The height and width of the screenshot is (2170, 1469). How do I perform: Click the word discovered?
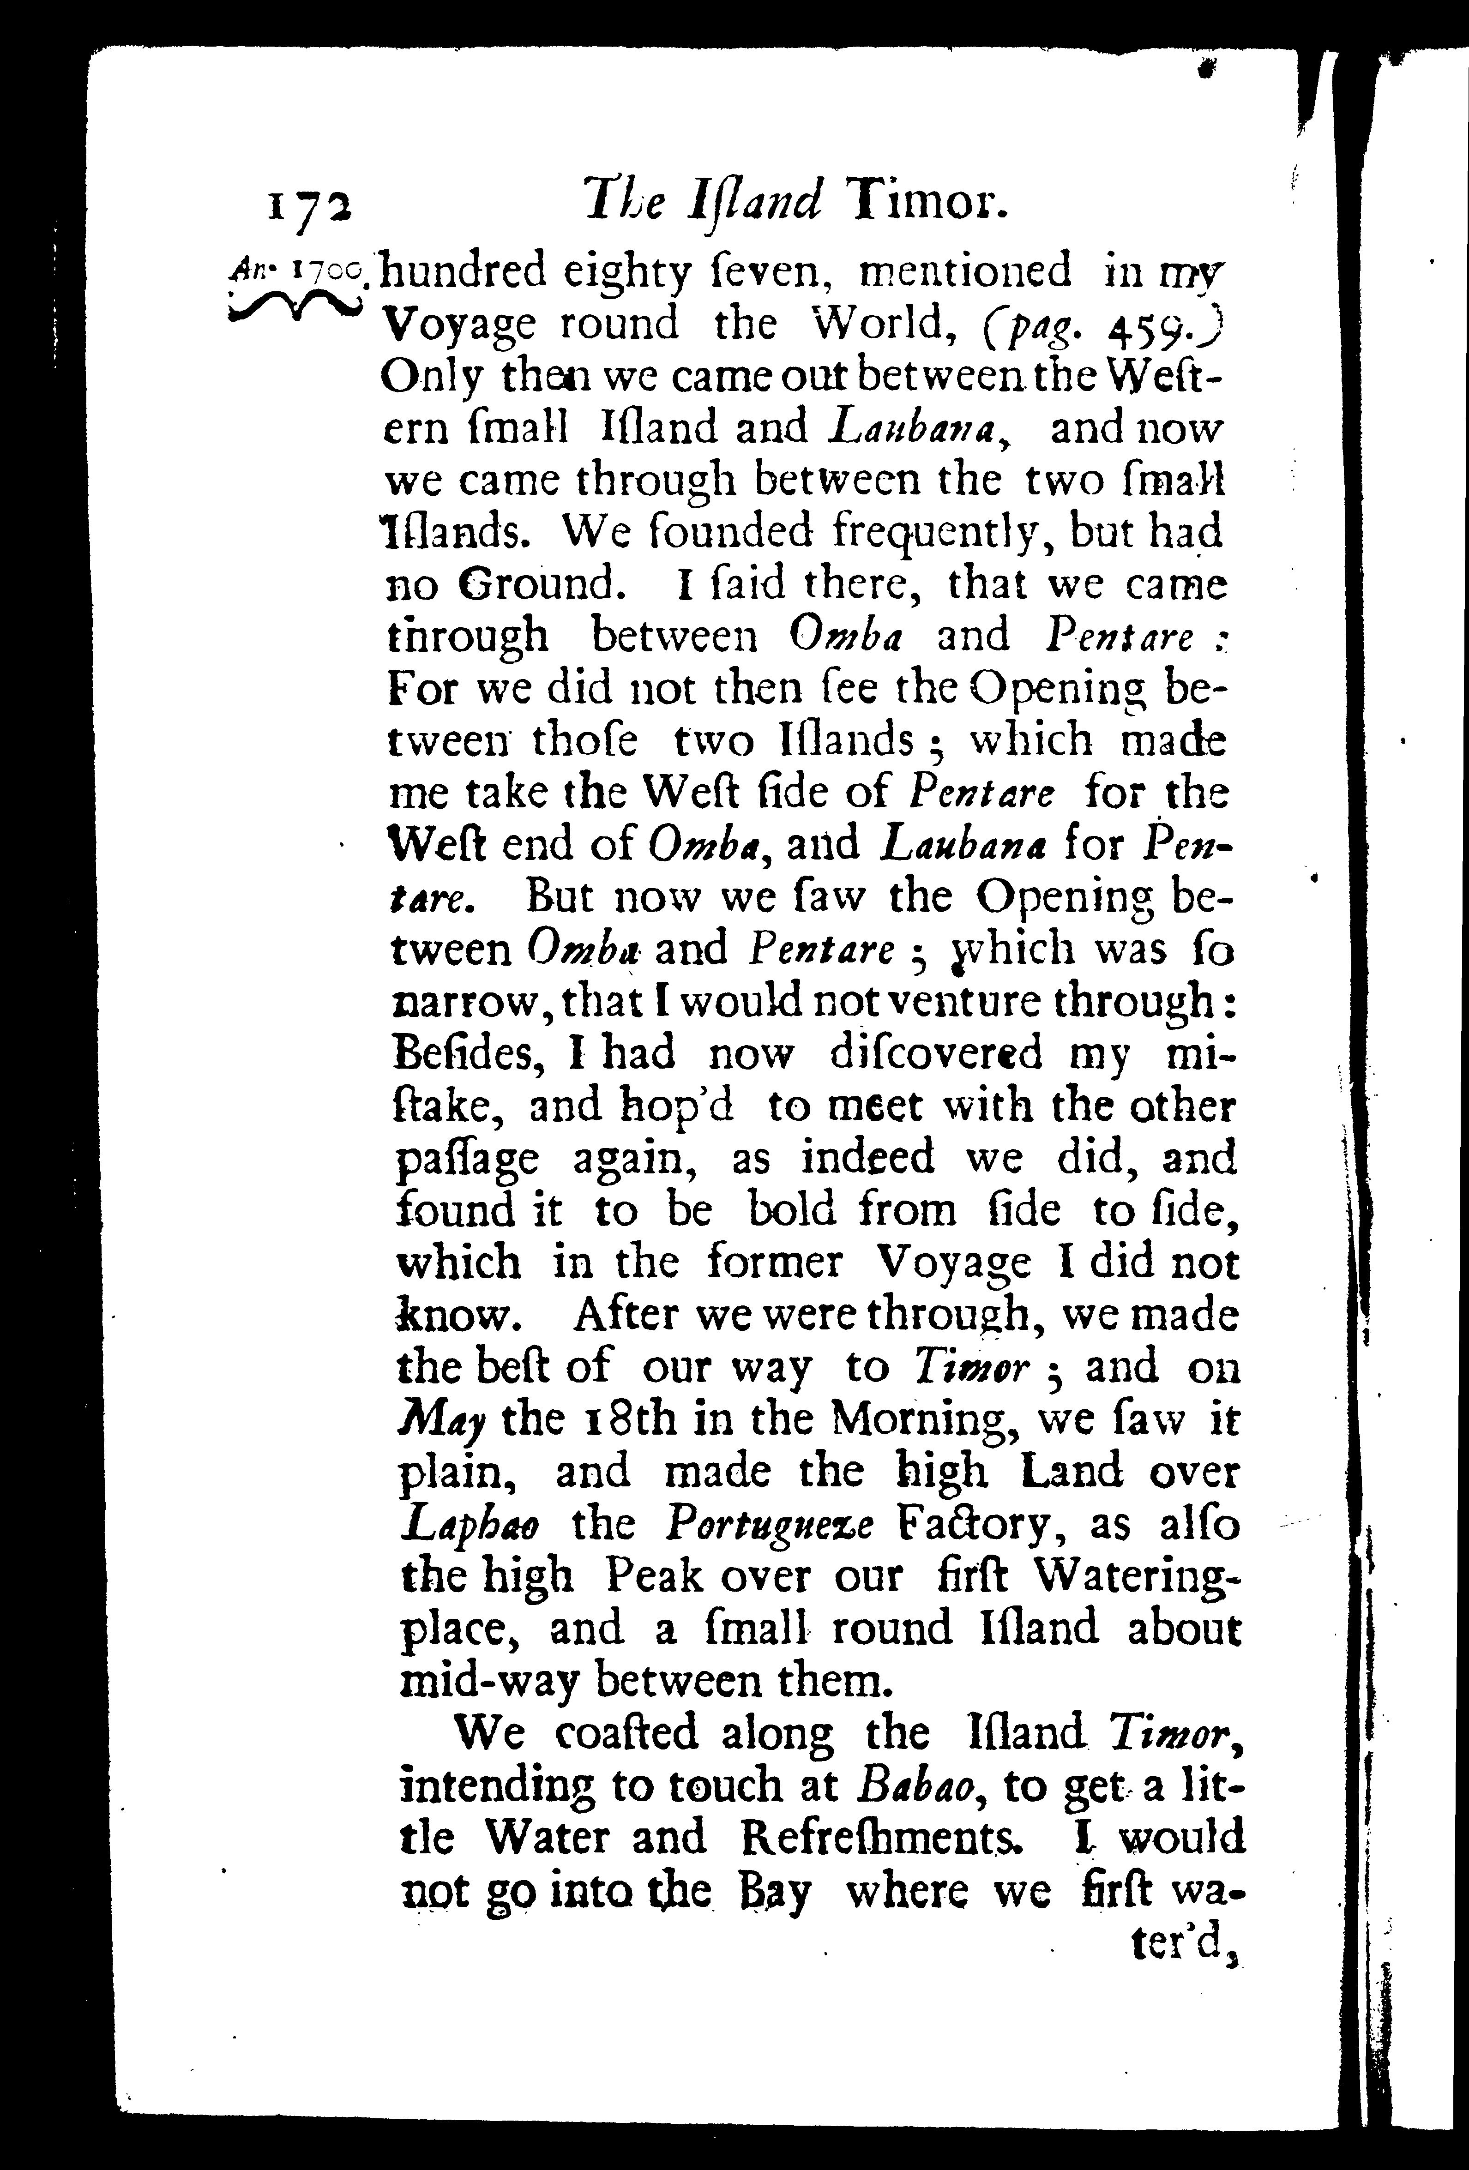(935, 1053)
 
